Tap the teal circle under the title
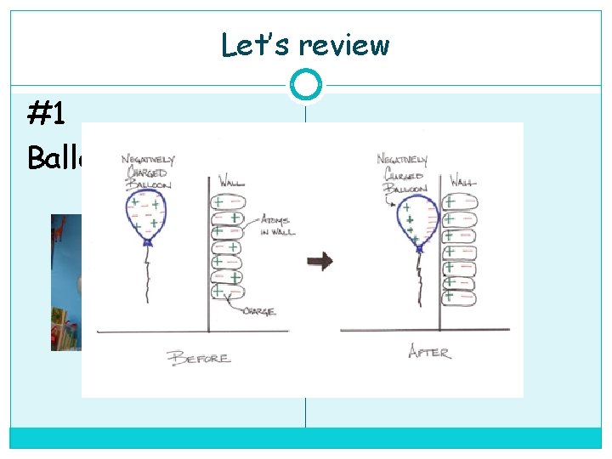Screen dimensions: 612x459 [305, 85]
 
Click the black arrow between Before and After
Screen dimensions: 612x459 [320, 262]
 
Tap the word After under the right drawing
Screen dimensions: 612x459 [429, 350]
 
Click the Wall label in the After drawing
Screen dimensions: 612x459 [463, 181]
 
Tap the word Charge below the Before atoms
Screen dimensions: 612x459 [258, 311]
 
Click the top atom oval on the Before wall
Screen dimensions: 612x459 [228, 202]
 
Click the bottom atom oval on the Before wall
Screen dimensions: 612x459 [228, 292]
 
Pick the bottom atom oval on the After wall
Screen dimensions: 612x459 [461, 297]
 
